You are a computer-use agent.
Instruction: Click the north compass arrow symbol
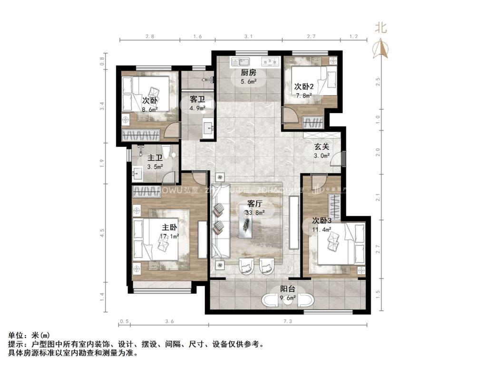pos(381,48)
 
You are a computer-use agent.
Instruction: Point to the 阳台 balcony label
pos(287,288)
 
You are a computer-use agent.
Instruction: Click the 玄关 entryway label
pos(321,147)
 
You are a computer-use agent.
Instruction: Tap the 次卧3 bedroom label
pos(321,221)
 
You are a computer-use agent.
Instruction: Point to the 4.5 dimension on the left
pos(102,232)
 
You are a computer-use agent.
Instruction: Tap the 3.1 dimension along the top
pos(248,36)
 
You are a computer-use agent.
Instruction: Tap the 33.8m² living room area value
pos(254,212)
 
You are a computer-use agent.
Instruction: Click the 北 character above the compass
pos(381,28)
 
